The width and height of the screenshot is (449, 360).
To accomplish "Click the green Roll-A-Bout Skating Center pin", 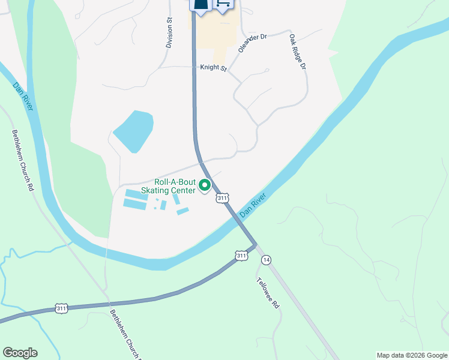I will [205, 186].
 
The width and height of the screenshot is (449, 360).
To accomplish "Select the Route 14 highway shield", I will [266, 259].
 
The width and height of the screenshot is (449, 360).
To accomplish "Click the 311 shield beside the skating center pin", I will [223, 197].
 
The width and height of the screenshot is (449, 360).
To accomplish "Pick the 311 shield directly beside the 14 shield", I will [241, 256].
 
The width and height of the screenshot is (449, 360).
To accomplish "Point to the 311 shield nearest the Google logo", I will [61, 308].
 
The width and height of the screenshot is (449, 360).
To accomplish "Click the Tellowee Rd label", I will [268, 293].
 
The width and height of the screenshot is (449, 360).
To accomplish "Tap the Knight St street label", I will [213, 68].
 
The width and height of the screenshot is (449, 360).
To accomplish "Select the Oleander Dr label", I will [252, 43].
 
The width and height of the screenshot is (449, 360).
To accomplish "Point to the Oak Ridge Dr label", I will [298, 51].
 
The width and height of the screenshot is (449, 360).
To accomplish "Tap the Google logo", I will [20, 353].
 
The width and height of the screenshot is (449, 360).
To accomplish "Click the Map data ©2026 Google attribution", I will [411, 355].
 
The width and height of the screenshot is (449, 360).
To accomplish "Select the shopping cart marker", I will [223, 5].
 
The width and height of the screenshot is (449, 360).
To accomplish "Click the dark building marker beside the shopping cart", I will [200, 5].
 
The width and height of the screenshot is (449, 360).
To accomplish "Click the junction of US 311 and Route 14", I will [255, 245].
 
